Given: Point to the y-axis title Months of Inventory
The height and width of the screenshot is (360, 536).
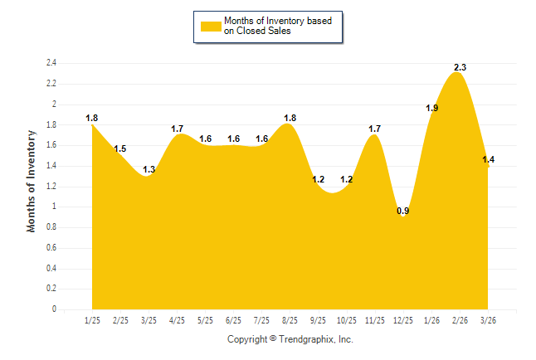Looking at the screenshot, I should pos(32,180).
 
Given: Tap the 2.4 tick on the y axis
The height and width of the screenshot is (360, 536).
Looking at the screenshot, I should pos(51,63).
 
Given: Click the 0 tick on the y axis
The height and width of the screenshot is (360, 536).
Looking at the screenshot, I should pos(54,309).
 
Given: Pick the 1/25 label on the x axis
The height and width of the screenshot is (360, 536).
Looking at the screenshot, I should pos(93,320).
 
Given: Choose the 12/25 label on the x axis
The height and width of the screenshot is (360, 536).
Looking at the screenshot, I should pos(403,320).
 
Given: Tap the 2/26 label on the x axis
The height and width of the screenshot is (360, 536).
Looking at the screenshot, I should pos(460,320).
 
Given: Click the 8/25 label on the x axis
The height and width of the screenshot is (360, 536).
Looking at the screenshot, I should pos(290,320).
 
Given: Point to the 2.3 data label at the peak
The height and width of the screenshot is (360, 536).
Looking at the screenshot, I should pos(460,67).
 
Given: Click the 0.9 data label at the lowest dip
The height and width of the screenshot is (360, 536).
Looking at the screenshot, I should pos(403,211).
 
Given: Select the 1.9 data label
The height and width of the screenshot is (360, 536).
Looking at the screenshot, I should pos(431,108).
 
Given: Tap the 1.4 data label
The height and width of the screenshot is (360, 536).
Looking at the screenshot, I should pos(488,159).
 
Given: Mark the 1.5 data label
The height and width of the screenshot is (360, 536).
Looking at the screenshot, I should pos(121,149).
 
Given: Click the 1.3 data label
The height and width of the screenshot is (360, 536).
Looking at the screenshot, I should pos(149,170).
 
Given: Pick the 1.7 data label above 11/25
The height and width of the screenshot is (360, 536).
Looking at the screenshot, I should pos(375,129).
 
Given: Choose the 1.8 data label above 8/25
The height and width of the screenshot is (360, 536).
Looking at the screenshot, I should pos(290,118).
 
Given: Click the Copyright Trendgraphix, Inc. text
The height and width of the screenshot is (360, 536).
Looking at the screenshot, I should pos(290,339).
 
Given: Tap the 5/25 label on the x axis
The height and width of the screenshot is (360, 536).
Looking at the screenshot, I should pos(206,320).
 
